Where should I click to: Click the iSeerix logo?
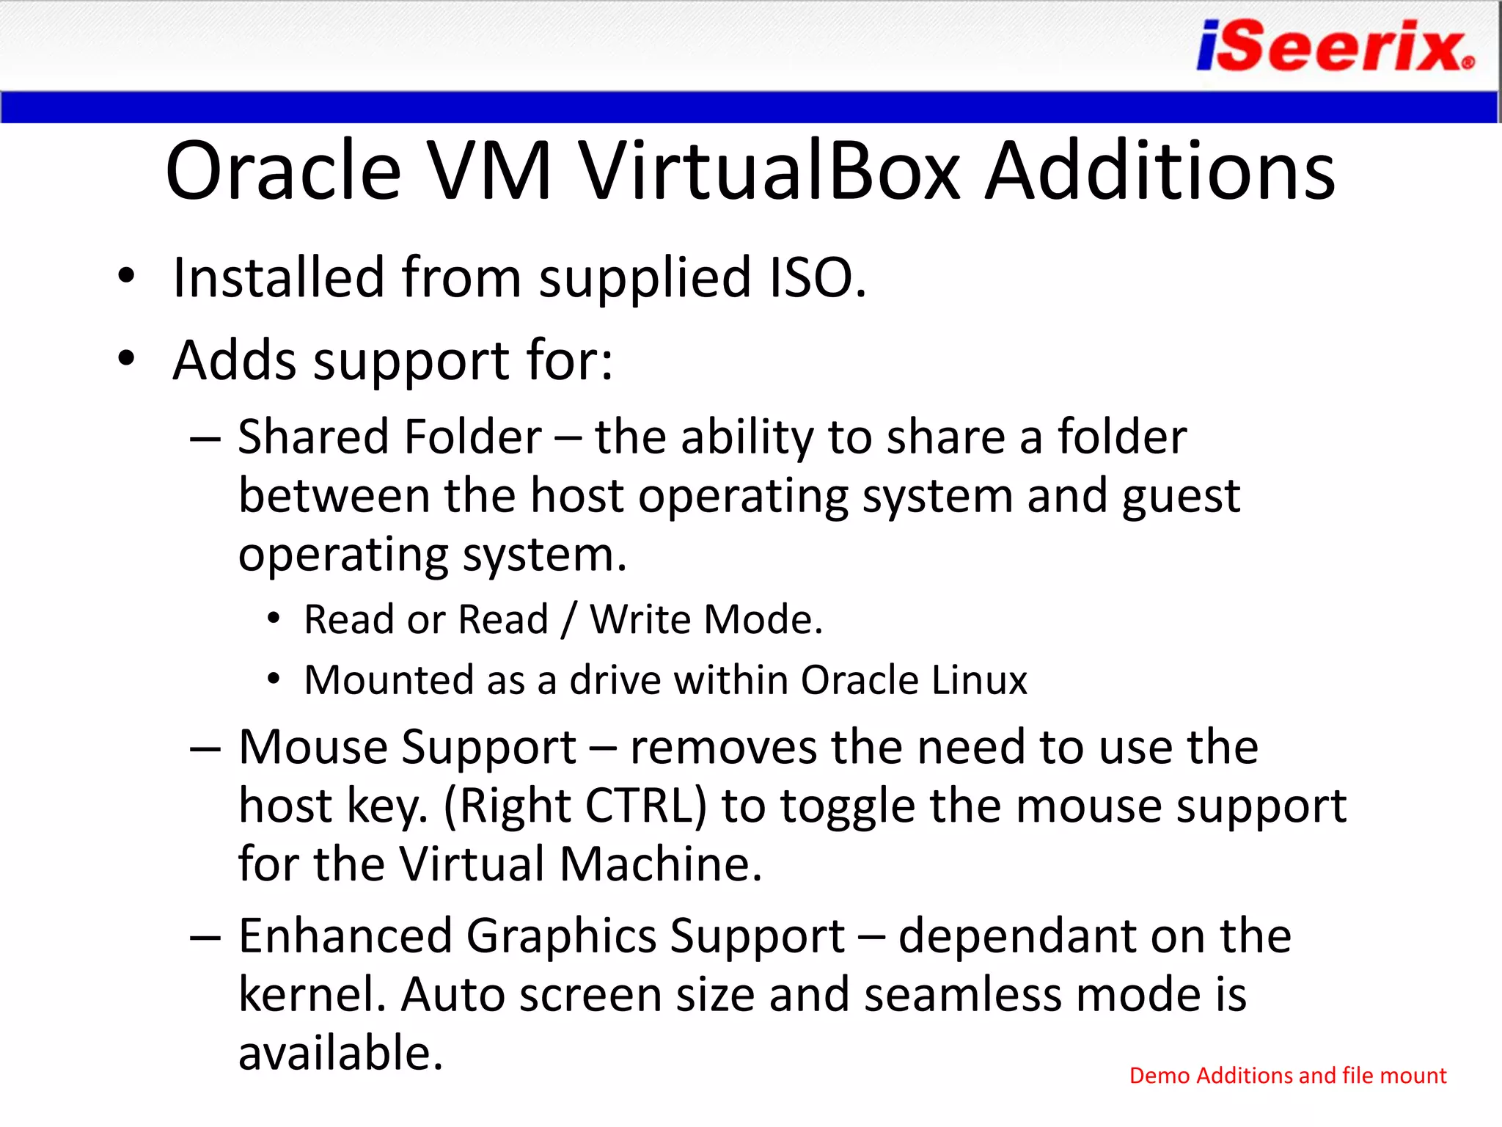coord(1335,46)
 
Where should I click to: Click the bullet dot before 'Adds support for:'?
coord(127,359)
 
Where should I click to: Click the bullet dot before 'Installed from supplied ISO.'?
coord(127,277)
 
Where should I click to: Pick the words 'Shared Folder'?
coord(389,437)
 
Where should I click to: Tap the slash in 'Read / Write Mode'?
coord(569,620)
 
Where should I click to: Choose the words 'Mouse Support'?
coord(407,748)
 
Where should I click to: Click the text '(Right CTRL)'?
coord(576,806)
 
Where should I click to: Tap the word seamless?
coord(962,995)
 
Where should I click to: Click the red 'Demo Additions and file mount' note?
coord(1287,1076)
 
